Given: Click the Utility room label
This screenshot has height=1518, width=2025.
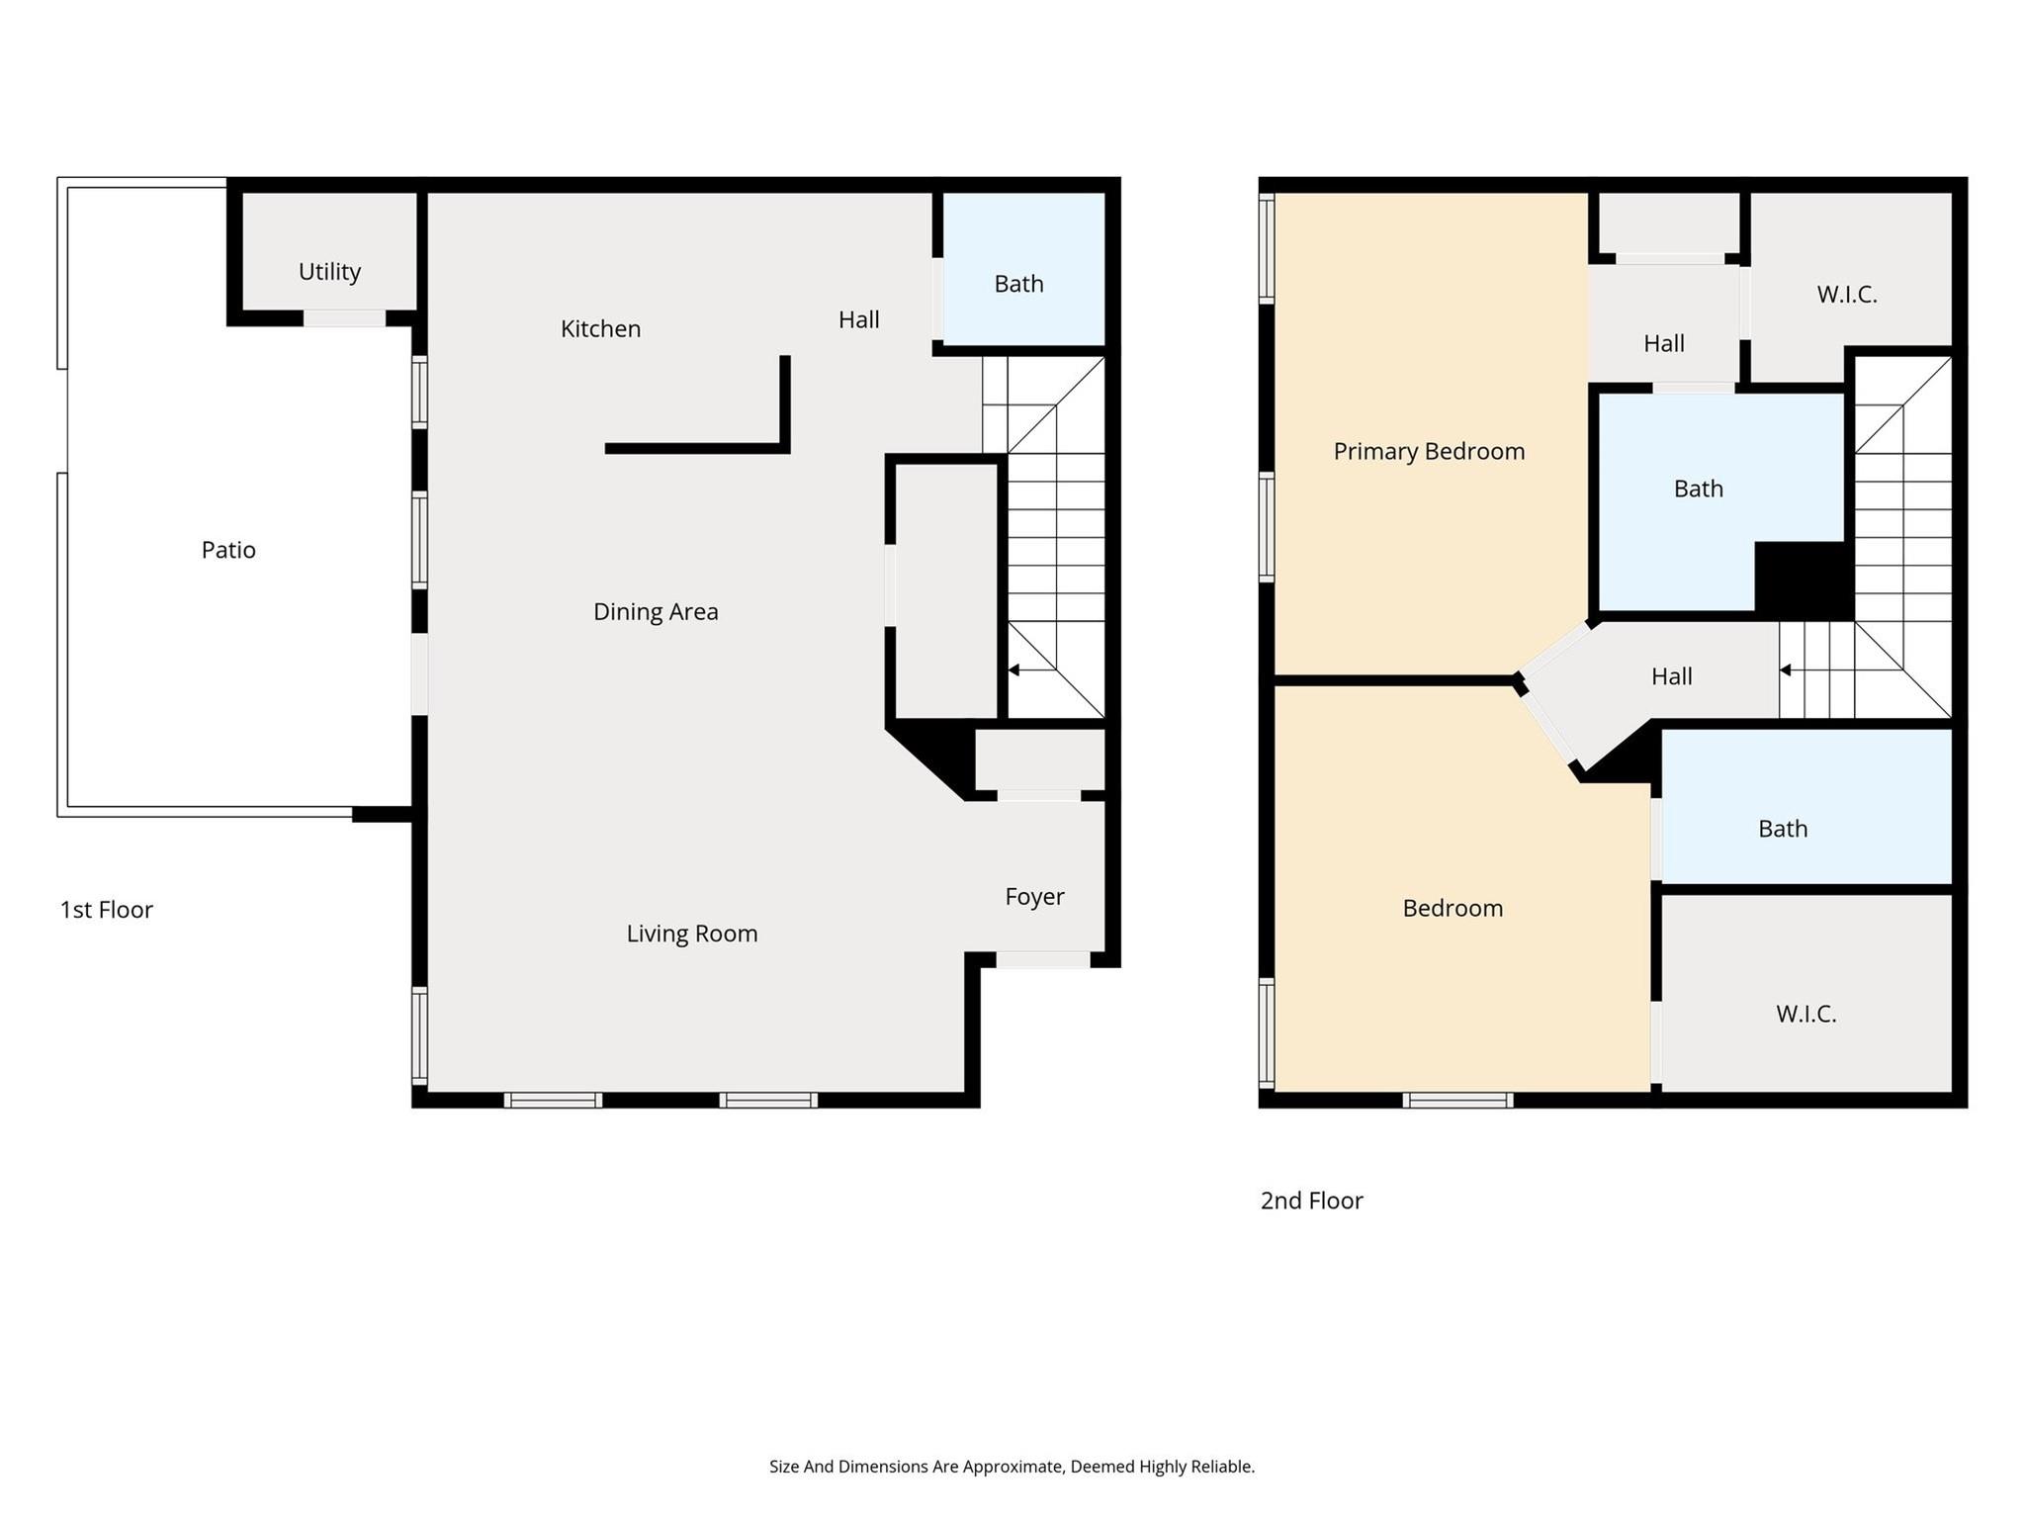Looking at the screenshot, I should coord(329,272).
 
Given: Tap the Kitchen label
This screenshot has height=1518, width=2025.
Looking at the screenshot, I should coord(600,329).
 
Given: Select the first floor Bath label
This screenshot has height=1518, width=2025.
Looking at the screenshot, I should coord(1018,285).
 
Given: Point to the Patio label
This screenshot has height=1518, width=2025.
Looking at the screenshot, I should coord(228,550).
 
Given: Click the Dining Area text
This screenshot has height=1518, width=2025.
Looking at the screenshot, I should coord(656,612).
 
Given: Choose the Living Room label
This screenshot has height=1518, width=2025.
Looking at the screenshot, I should coord(692,934).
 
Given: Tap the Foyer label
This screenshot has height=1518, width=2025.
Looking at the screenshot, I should coord(1034,897).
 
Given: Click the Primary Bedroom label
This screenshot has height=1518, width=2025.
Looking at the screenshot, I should coord(1429,452).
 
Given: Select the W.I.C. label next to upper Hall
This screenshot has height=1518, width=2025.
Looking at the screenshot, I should coord(1846,295).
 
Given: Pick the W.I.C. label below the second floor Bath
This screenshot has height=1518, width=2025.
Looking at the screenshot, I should coord(1805,1014).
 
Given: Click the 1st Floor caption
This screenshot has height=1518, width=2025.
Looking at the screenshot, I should coord(107,910).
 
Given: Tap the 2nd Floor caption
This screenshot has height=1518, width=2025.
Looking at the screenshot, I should coord(1311,1201).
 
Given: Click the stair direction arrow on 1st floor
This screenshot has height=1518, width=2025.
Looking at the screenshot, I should coord(1014,670).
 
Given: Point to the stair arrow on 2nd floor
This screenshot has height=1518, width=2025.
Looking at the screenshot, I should coord(1786,670).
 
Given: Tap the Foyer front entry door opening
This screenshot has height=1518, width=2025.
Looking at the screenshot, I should coord(1042,959).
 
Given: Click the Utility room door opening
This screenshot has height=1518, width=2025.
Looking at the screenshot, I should coord(344,318).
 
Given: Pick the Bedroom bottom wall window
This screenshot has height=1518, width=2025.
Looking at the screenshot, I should coord(1457,1100).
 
